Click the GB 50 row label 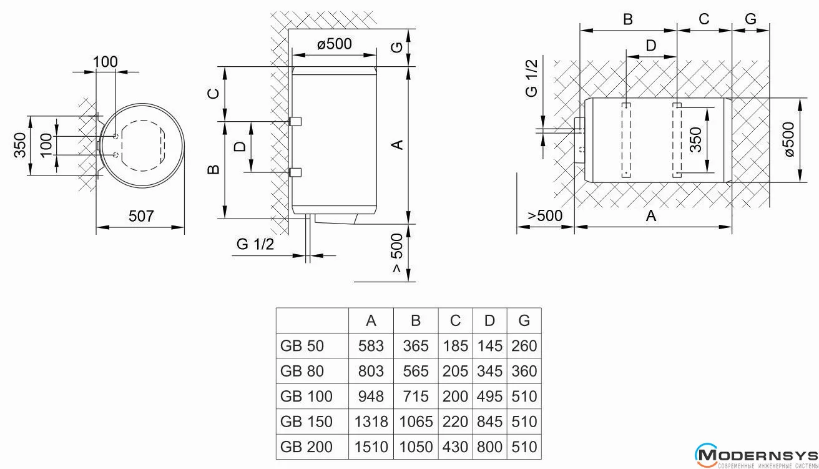(x=303, y=345)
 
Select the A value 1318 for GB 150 (x=371, y=422)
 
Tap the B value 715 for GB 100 (x=416, y=397)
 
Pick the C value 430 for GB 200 (x=455, y=448)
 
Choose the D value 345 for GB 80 (x=489, y=371)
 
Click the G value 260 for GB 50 (x=524, y=345)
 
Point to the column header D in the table (x=489, y=320)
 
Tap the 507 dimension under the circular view (x=141, y=216)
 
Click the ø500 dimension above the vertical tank (x=334, y=44)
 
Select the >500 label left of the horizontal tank (x=545, y=215)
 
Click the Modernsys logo (x=756, y=455)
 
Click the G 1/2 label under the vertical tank (x=255, y=244)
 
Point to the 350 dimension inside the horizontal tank (x=696, y=139)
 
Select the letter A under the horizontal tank (x=651, y=215)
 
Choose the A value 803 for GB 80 (x=371, y=371)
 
